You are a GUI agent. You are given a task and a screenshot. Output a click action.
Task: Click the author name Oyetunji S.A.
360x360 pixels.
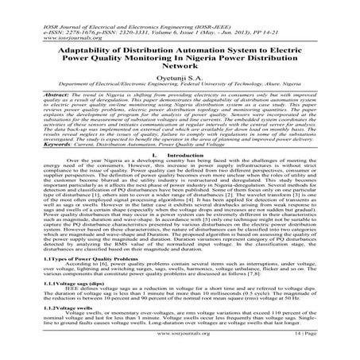tap(180, 70)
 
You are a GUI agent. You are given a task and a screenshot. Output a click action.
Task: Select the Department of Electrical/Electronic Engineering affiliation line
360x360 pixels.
tap(180, 79)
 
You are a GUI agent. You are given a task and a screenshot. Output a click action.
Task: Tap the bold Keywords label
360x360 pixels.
tap(36, 144)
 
